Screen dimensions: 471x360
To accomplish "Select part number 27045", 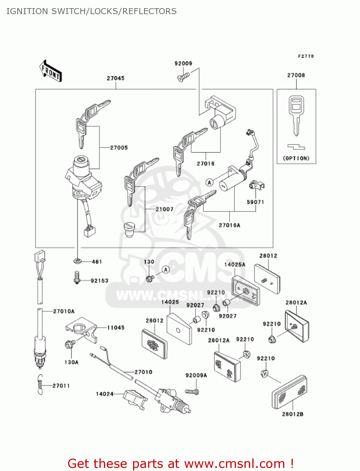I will tap(116, 78).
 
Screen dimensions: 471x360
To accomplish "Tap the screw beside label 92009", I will tap(184, 76).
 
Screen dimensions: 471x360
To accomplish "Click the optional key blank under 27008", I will tap(296, 115).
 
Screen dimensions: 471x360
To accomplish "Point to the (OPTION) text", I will tap(296, 158).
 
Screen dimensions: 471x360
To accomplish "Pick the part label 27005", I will tap(119, 148).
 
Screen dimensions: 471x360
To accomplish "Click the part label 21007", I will tap(164, 209).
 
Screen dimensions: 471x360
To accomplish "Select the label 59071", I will tap(255, 202).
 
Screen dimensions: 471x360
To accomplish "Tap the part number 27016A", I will tap(229, 225).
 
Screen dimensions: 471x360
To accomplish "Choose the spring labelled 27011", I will tap(40, 385).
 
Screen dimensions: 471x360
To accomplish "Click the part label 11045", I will tap(116, 328).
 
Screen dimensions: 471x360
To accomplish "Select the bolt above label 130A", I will tap(69, 344).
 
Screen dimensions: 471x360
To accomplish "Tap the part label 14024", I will tap(105, 394).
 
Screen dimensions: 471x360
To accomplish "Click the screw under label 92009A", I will tap(192, 392).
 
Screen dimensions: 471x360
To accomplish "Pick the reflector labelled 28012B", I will tap(289, 392).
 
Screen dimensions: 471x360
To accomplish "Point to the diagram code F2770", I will tap(306, 56).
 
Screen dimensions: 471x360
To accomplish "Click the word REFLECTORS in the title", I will tap(149, 11).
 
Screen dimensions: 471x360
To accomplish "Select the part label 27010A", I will tap(64, 311).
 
